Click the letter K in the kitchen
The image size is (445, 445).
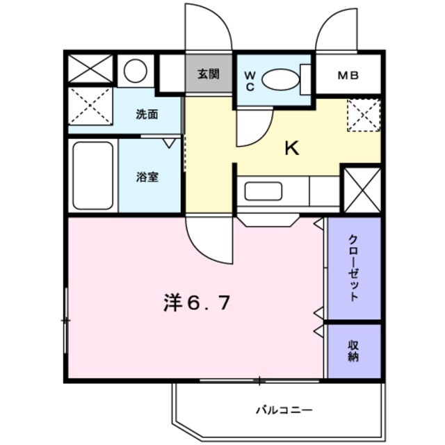[293, 148]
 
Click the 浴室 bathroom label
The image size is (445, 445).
[147, 177]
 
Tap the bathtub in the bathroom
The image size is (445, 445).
[92, 176]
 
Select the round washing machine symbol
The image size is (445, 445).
[136, 70]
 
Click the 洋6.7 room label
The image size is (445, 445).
[197, 302]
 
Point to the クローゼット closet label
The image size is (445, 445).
[354, 268]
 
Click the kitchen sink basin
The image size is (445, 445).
[263, 191]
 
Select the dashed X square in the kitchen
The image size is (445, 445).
[363, 114]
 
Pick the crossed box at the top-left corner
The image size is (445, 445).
[90, 69]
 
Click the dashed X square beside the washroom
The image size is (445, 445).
[90, 106]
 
